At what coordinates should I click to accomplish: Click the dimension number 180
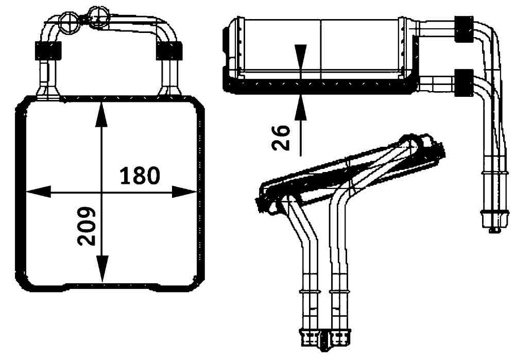(140, 176)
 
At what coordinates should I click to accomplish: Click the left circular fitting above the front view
(67, 21)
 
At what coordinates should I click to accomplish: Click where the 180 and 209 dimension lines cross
(101, 192)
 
